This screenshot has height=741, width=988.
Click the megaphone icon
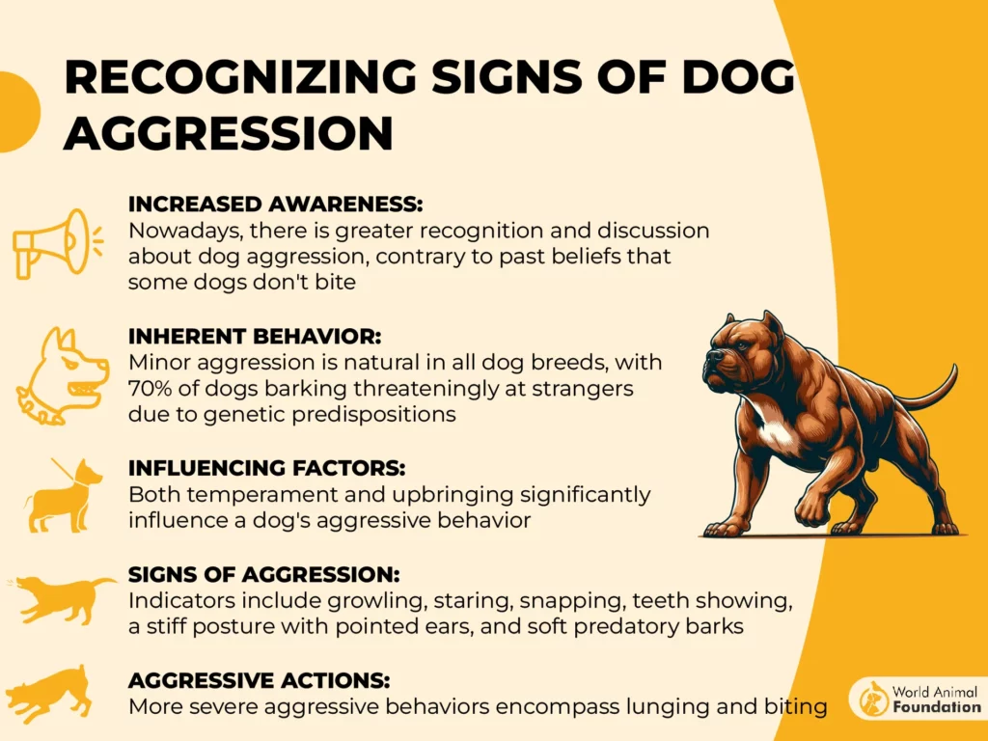(57, 243)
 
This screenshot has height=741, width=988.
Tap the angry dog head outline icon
(62, 375)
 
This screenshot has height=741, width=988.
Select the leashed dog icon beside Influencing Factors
(63, 495)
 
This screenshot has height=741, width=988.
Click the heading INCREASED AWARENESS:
(275, 205)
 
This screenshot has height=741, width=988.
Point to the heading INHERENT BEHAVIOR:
(255, 337)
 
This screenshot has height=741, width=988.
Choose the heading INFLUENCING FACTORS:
(266, 468)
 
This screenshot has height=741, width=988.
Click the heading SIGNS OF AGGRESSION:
(264, 575)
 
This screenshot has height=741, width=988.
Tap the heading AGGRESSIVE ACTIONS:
(259, 680)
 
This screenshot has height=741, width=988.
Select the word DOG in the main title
(738, 77)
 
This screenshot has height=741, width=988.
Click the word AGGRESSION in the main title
(229, 133)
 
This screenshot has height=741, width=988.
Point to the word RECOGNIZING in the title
(240, 77)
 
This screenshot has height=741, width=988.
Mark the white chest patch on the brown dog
(774, 430)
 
